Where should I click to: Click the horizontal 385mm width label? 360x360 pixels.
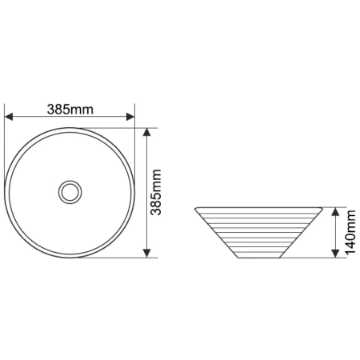coord(70,110)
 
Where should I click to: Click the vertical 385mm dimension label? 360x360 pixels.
coord(156,192)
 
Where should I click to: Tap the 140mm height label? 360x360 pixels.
coord(350,232)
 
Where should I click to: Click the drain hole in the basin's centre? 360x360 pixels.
coord(70,192)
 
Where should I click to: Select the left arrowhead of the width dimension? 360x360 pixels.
coord(9,117)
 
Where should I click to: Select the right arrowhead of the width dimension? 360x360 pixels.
coord(130,117)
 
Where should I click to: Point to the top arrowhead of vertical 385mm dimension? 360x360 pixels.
coord(147,132)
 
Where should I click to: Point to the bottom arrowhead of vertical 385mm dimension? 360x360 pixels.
coord(147,254)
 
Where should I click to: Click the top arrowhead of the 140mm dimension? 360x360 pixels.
coord(335,212)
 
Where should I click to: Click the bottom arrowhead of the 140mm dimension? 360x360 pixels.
coord(335,254)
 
